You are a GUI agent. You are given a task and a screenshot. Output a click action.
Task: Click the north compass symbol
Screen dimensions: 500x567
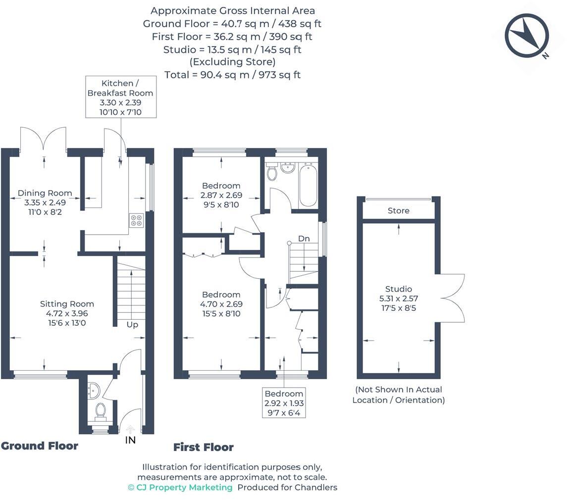527,36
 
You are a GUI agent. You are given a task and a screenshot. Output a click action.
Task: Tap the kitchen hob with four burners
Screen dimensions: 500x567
137,220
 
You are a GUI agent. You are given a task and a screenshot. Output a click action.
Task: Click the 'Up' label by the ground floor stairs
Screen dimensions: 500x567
132,325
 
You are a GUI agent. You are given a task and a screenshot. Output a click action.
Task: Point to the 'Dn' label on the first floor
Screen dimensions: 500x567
304,239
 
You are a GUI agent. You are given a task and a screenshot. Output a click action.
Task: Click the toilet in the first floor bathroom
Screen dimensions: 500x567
271,172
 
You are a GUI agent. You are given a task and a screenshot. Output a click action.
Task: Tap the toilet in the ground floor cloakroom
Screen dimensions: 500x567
101,410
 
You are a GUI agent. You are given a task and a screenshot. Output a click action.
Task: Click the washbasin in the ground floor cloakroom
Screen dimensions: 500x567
93,391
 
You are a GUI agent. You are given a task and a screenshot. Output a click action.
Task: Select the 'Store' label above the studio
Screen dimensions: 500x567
398,211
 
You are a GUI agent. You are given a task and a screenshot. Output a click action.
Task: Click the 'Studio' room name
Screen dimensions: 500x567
399,289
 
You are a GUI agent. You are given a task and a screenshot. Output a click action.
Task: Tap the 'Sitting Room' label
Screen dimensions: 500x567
67,304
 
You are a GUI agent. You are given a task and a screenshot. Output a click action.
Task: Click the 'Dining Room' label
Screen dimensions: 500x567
45,193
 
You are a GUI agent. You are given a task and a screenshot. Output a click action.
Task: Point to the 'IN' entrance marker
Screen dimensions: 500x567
130,440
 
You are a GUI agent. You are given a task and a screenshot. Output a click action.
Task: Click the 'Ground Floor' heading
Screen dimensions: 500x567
40,446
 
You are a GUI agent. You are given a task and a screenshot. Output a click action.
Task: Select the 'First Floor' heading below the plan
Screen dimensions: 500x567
204,448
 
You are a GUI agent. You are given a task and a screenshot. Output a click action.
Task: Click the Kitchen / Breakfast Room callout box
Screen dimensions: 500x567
120,97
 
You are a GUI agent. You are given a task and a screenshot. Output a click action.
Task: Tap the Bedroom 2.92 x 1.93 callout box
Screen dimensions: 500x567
284,402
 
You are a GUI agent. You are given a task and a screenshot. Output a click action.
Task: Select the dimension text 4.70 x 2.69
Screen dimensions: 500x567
221,304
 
